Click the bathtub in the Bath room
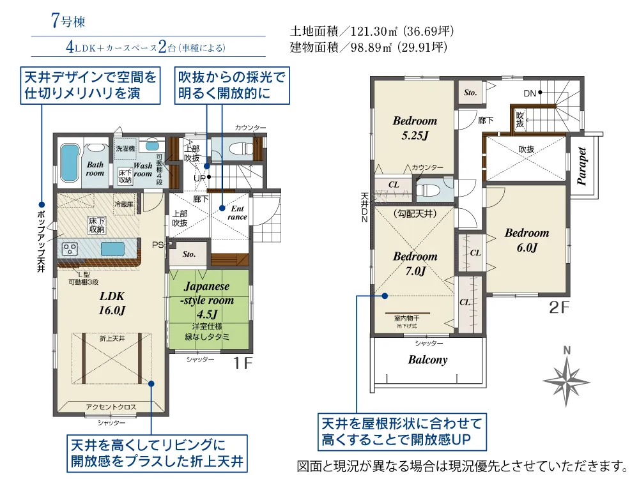pyautogui.click(x=68, y=158)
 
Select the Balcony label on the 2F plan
pyautogui.click(x=427, y=360)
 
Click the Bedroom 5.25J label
pyautogui.click(x=415, y=128)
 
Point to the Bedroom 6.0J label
pyautogui.click(x=526, y=240)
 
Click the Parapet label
pyautogui.click(x=582, y=167)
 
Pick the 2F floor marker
pyautogui.click(x=558, y=308)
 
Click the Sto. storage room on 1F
pyautogui.click(x=189, y=254)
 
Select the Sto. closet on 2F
pyautogui.click(x=470, y=93)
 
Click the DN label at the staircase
pyautogui.click(x=530, y=93)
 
